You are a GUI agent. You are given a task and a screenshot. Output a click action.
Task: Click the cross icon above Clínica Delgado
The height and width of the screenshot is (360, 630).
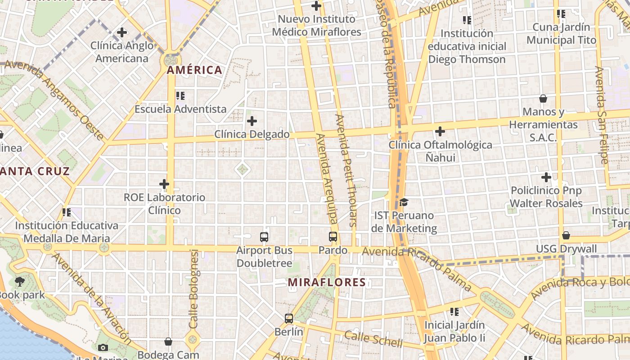(x=252, y=121)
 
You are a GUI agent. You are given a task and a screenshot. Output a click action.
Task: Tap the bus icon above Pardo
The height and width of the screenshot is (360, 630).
(x=333, y=237)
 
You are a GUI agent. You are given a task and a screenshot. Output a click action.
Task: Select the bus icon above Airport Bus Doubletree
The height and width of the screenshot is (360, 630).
(x=264, y=237)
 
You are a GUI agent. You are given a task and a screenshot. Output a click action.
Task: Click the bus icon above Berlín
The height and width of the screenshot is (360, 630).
(x=289, y=319)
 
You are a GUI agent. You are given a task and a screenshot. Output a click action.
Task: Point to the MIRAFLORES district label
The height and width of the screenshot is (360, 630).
(x=327, y=283)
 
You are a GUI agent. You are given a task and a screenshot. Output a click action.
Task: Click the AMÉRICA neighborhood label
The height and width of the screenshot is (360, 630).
(x=194, y=70)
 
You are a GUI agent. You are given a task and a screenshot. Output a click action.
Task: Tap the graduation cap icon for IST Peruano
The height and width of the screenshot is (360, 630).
(x=404, y=202)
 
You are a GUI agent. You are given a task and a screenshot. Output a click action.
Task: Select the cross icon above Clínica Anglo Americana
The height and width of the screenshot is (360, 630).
(x=122, y=32)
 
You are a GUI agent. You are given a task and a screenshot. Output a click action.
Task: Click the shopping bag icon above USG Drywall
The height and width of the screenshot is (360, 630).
(x=566, y=235)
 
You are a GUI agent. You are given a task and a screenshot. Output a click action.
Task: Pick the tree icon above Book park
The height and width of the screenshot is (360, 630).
(x=19, y=282)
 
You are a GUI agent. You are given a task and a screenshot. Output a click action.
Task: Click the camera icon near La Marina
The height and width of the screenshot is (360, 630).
(x=103, y=347)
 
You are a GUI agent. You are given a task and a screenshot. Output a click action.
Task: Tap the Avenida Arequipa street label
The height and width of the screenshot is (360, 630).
(x=326, y=178)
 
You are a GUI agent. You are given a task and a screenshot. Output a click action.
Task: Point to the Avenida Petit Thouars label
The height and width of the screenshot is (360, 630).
(x=346, y=170)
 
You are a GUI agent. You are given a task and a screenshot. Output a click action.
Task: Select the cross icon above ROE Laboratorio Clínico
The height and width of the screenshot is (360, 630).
(x=164, y=184)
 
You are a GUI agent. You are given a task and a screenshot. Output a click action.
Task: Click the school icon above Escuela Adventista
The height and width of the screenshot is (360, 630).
(x=180, y=95)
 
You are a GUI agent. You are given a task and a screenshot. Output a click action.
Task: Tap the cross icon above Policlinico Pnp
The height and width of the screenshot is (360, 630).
(x=546, y=177)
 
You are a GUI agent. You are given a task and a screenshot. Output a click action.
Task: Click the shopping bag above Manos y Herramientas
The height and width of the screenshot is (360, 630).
(x=543, y=99)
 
